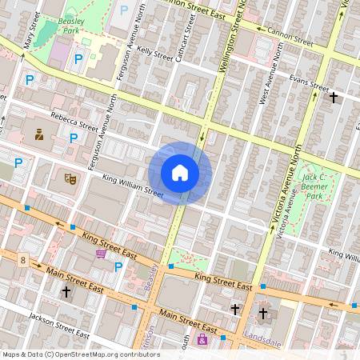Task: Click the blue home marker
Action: pyautogui.click(x=180, y=173)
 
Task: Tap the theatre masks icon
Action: pyautogui.click(x=70, y=179)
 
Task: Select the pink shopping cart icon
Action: pyautogui.click(x=102, y=254)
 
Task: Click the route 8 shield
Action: pyautogui.click(x=23, y=260)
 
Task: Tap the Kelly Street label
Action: pyautogui.click(x=154, y=54)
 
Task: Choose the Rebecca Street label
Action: pyautogui.click(x=74, y=122)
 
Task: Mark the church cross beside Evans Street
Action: pyautogui.click(x=334, y=98)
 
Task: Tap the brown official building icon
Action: pyautogui.click(x=38, y=134)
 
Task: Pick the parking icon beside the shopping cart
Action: pyautogui.click(x=118, y=266)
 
